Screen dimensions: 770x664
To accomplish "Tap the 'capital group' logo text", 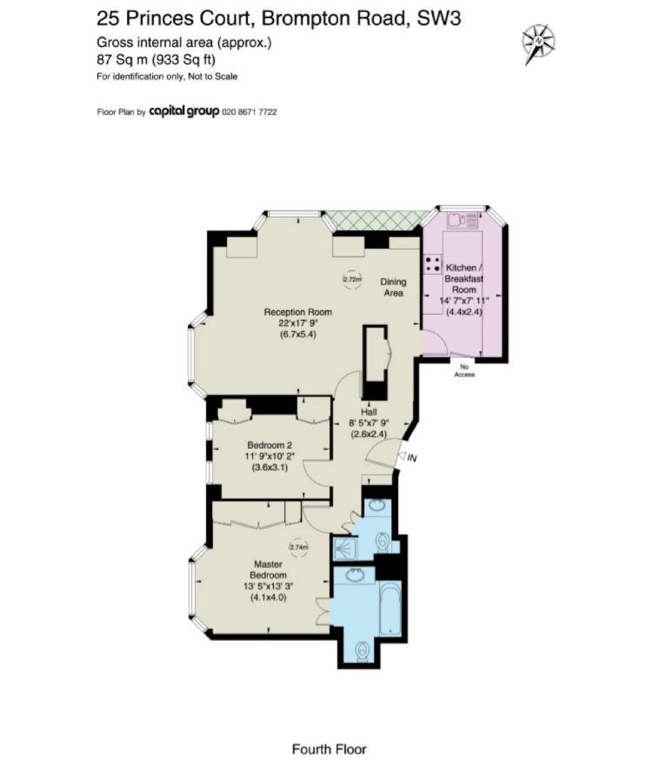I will [x=184, y=112].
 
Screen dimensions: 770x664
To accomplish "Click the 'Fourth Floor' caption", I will [x=329, y=749].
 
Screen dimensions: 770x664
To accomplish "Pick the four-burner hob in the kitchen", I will [x=431, y=265].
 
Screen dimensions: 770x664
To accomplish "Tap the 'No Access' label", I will [x=464, y=371].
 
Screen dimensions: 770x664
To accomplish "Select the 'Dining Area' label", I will [x=392, y=287].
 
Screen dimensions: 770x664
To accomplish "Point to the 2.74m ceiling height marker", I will [x=298, y=547].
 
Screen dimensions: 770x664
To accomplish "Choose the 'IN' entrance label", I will [x=412, y=458].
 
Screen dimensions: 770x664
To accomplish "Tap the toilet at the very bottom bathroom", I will [x=362, y=650].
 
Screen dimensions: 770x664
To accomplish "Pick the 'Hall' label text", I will [x=369, y=412].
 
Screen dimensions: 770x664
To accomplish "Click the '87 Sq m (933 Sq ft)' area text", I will [x=156, y=60].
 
